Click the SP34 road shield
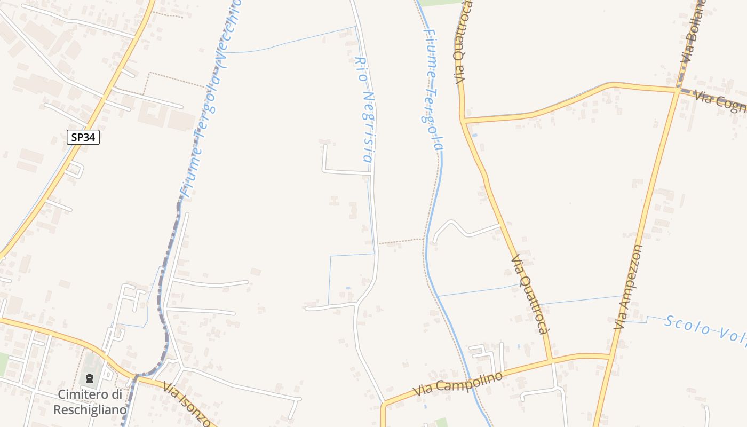(84, 137)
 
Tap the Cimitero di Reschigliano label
(92, 402)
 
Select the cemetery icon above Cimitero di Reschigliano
(90, 379)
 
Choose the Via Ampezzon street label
(628, 287)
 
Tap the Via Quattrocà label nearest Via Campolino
(530, 294)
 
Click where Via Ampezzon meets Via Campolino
(609, 356)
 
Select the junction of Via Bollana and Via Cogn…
(677, 90)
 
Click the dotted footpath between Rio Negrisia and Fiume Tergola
(401, 242)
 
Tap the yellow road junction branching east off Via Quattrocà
(465, 121)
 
